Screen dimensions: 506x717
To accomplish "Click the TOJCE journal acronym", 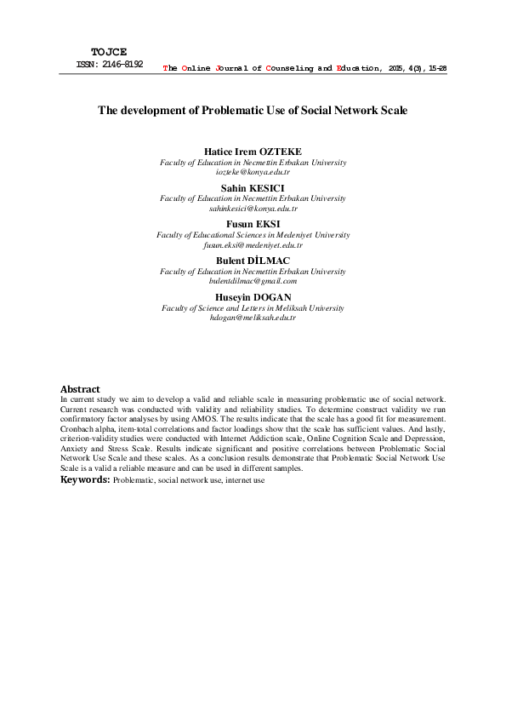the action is (x=108, y=52).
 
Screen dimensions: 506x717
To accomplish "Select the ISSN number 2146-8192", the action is (x=120, y=64).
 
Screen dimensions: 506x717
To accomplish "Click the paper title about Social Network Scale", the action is (x=253, y=111).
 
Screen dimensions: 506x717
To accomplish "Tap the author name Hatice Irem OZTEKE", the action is (x=253, y=152).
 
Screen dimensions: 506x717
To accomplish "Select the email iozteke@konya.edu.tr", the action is (x=253, y=172).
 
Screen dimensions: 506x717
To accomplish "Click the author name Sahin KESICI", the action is (x=253, y=187).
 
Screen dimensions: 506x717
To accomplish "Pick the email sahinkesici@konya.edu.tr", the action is (x=253, y=208).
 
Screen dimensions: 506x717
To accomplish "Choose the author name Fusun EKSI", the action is (x=253, y=224).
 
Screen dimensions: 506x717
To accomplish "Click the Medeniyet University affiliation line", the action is (x=253, y=234).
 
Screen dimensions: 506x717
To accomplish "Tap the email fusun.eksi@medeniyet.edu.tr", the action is (x=253, y=244).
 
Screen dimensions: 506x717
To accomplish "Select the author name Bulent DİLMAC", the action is (x=253, y=260).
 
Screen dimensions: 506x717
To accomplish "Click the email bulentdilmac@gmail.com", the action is (x=253, y=280).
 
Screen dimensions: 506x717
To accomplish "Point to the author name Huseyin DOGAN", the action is (x=253, y=296).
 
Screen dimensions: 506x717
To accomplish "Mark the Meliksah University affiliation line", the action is (x=253, y=307).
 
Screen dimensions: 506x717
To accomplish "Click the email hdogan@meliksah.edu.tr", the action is (x=253, y=317).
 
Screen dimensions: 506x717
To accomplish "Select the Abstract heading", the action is (x=80, y=389).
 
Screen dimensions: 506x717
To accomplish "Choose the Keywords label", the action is (x=84, y=480).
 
